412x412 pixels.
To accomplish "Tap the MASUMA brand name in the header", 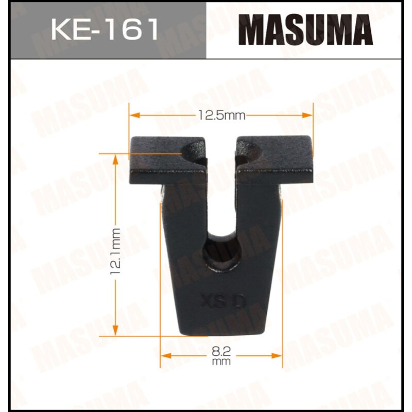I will (x=308, y=30).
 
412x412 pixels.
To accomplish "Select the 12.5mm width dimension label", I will (x=221, y=115).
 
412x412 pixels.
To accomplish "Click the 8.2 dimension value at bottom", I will (x=221, y=352).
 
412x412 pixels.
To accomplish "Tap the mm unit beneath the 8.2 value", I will (x=221, y=362).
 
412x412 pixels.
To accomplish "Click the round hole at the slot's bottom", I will (x=221, y=252).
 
